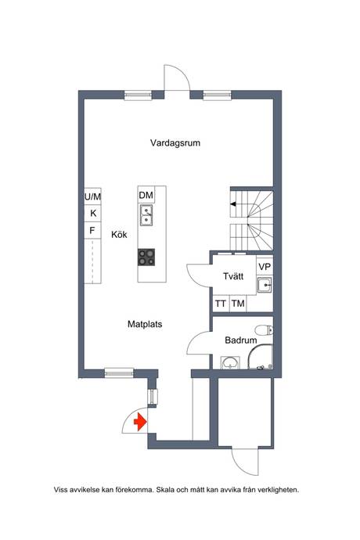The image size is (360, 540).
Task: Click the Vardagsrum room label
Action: pyautogui.click(x=175, y=143)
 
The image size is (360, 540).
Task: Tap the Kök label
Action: pyautogui.click(x=119, y=235)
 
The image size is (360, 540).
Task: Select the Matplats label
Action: pyautogui.click(x=145, y=324)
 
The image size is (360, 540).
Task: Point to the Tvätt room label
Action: pyautogui.click(x=233, y=276)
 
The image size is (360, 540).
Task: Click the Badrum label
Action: pyautogui.click(x=241, y=340)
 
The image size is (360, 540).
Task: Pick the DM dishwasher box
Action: pyautogui.click(x=146, y=195)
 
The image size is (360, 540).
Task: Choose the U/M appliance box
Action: pyautogui.click(x=92, y=196)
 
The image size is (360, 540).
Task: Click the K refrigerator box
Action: pyautogui.click(x=92, y=214)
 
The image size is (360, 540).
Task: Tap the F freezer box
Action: pyautogui.click(x=92, y=230)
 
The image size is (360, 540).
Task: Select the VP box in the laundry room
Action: pyautogui.click(x=265, y=267)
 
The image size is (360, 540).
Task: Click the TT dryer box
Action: pyautogui.click(x=221, y=304)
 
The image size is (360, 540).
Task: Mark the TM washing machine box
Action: pyautogui.click(x=238, y=304)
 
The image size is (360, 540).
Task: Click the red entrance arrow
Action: pyautogui.click(x=140, y=422)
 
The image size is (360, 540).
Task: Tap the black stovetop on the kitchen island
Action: pyautogui.click(x=146, y=257)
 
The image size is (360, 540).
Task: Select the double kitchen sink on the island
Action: pyautogui.click(x=146, y=215)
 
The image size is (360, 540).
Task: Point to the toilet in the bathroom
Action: pyautogui.click(x=265, y=329)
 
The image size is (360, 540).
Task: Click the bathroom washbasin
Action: pyautogui.click(x=230, y=363)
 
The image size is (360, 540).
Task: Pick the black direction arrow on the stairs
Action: pyautogui.click(x=233, y=204)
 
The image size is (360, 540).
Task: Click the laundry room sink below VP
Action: pyautogui.click(x=265, y=285)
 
